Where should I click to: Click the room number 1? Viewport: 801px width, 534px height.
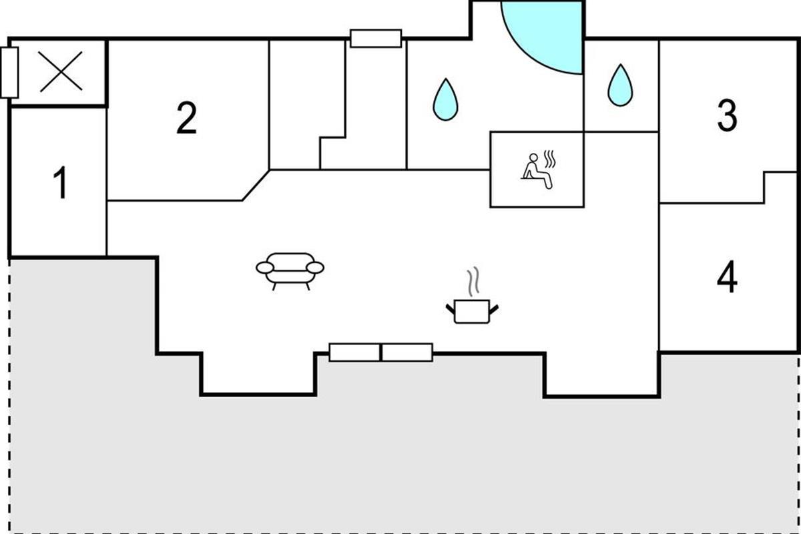(x=61, y=184)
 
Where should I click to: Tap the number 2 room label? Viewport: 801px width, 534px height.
(x=187, y=118)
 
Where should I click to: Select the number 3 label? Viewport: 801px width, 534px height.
(x=727, y=115)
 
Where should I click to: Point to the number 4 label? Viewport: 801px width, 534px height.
(x=727, y=278)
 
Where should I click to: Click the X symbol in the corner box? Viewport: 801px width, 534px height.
(x=61, y=72)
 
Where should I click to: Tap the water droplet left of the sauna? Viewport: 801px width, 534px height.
(x=445, y=99)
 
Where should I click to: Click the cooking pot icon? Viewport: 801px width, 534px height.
(x=472, y=311)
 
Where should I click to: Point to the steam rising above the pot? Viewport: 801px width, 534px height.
(x=473, y=282)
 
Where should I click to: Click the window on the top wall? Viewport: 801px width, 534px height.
(x=376, y=38)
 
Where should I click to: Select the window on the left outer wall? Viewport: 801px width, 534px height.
(x=9, y=72)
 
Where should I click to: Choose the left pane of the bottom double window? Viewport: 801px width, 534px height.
(x=354, y=352)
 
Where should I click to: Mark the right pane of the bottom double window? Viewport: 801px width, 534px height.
(x=407, y=352)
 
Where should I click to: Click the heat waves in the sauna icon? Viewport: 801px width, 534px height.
(x=549, y=160)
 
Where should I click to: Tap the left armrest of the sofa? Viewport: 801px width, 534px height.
(x=265, y=268)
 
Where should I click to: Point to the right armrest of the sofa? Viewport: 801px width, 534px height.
(x=315, y=268)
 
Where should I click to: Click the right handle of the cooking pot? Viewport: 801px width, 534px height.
(x=494, y=307)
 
